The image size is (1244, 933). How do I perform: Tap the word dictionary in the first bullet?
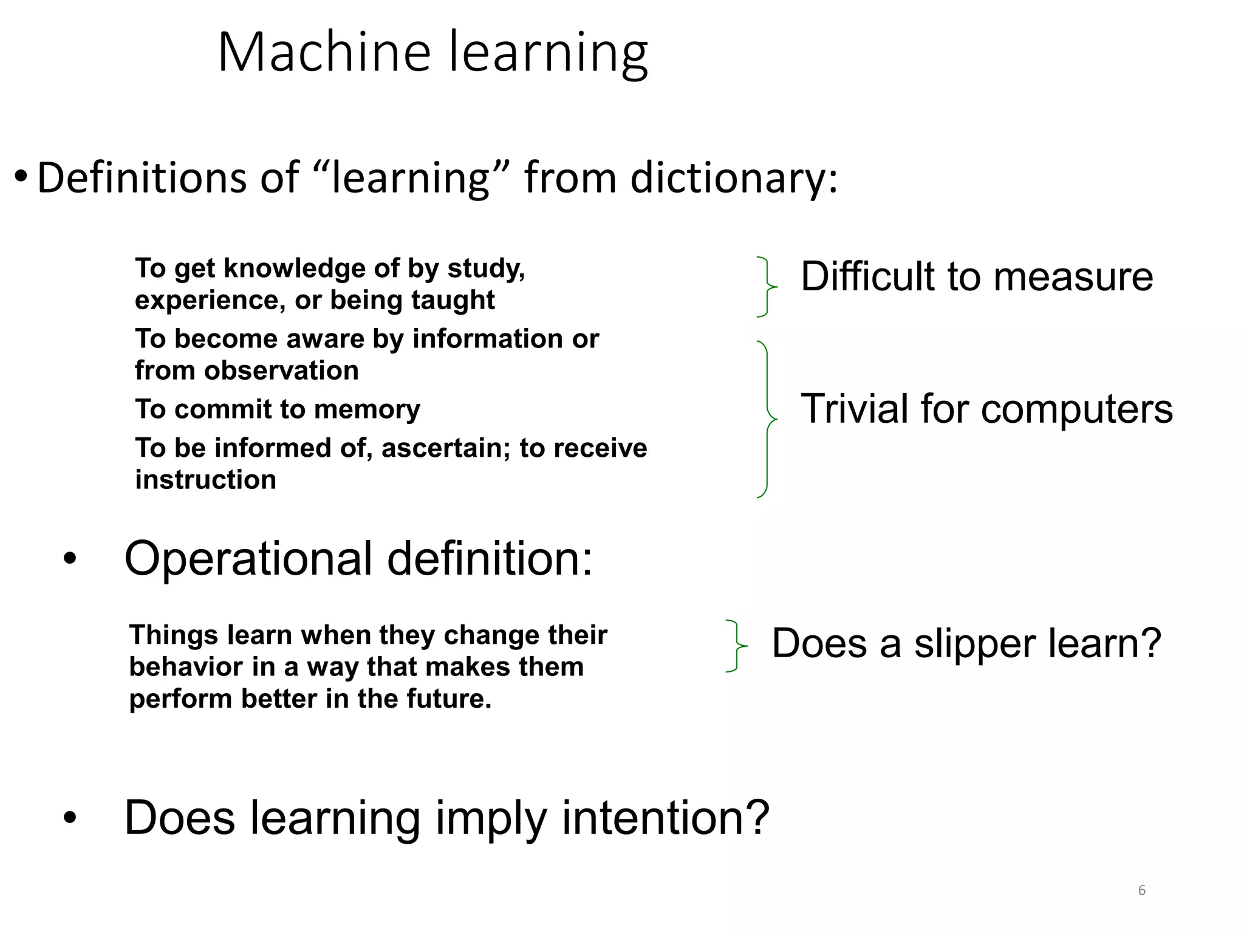pyautogui.click(x=734, y=179)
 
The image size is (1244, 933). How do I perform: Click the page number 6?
pyautogui.click(x=1142, y=890)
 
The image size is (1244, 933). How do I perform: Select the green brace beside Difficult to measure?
pyautogui.click(x=767, y=287)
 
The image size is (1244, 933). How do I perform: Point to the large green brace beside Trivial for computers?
pyautogui.click(x=768, y=419)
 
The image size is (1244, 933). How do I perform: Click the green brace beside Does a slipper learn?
pyautogui.click(x=736, y=646)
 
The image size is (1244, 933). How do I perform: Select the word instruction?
pyautogui.click(x=205, y=480)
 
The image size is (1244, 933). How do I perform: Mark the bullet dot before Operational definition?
pyautogui.click(x=70, y=559)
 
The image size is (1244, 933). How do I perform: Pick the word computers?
pyautogui.click(x=1076, y=409)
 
